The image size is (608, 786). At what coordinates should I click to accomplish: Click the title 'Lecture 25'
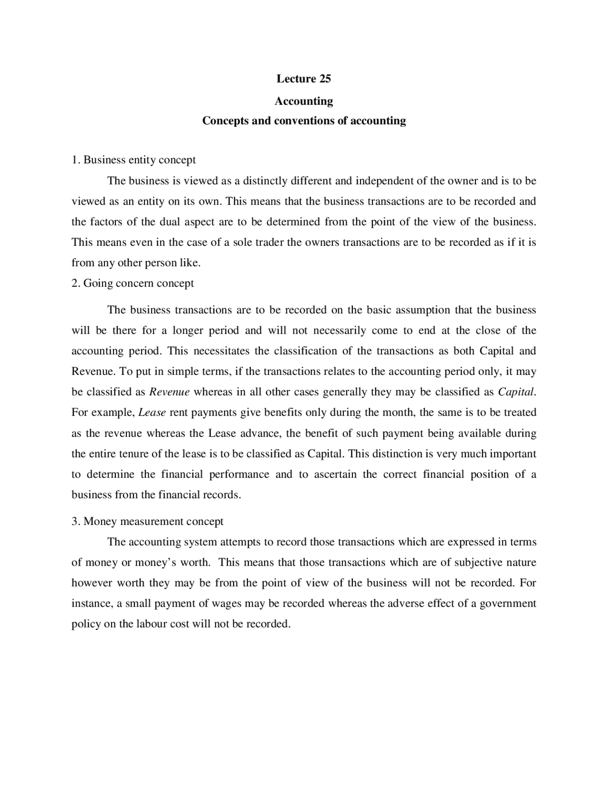pos(304,79)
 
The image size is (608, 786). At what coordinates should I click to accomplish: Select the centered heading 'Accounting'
pos(304,101)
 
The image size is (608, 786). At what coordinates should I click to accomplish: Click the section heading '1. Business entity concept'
pos(133,159)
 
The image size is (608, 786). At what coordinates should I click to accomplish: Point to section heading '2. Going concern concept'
pos(133,283)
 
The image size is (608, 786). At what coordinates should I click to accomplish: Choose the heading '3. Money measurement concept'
pos(147,521)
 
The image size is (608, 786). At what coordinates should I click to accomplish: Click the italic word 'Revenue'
pos(170,392)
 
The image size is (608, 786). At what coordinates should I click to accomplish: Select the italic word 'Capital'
pos(516,392)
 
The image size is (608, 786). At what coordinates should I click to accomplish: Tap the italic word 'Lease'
pos(152,412)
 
